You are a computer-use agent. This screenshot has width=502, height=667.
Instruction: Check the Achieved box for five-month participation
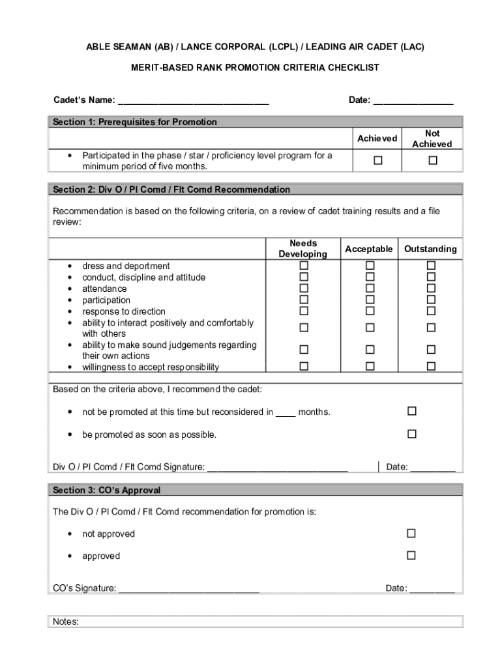click(x=377, y=161)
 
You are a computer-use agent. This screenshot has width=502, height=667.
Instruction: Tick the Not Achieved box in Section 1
click(x=432, y=161)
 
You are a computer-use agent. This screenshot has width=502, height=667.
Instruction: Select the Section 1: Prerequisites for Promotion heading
click(x=135, y=122)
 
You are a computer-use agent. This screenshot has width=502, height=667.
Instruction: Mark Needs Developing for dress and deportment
click(x=303, y=266)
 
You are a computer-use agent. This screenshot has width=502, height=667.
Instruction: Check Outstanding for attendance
click(x=431, y=289)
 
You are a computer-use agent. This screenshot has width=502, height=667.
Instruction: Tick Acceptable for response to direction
click(x=370, y=311)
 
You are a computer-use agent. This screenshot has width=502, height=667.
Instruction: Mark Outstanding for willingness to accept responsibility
click(x=431, y=367)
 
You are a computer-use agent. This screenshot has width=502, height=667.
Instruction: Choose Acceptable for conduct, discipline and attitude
click(x=370, y=277)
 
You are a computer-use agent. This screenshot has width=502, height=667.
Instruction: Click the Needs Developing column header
click(x=303, y=249)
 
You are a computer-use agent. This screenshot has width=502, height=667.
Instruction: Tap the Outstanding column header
click(x=430, y=249)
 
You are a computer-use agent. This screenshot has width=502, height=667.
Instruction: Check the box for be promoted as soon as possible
click(x=411, y=434)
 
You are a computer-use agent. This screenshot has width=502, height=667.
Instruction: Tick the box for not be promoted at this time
click(x=411, y=412)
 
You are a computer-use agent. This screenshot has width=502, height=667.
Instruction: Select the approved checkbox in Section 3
click(x=411, y=556)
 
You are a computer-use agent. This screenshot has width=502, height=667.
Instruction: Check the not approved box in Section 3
click(x=411, y=533)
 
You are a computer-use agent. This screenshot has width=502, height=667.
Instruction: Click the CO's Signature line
click(x=189, y=589)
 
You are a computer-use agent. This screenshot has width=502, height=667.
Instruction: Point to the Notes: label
click(x=66, y=622)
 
